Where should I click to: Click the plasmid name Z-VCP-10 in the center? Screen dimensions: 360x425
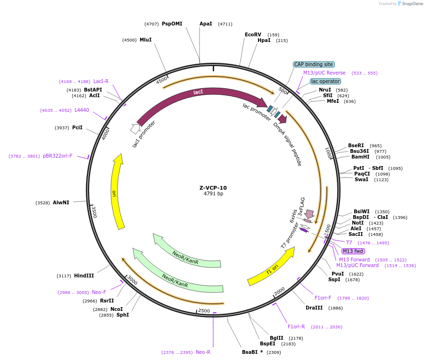213,187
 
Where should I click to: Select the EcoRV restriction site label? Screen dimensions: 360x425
253,34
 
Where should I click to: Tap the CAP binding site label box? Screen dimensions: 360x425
314,64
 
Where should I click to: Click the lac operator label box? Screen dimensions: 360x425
325,81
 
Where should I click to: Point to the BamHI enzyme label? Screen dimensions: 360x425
360,157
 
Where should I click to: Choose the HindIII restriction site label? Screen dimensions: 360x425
84,276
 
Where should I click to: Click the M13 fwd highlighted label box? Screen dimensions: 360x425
353,251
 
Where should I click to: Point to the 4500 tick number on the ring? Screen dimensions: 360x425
162,80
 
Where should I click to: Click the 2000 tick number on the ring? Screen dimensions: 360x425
279,291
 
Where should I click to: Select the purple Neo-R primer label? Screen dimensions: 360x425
203,352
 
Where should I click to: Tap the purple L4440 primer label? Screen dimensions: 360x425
82,110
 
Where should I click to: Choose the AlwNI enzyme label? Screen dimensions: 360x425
61,202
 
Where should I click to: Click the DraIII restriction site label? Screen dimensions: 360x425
314,308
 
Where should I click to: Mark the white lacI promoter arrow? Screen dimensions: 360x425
135,128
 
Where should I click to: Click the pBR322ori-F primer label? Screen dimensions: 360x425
58,156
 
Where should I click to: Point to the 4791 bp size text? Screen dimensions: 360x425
213,194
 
